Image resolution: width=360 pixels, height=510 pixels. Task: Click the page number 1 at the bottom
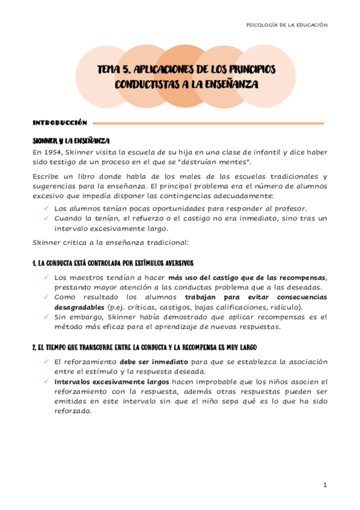tap(325, 485)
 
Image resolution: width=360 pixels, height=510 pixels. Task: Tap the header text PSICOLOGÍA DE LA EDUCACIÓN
tap(287, 25)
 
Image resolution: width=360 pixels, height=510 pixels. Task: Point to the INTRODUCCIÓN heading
tap(60, 122)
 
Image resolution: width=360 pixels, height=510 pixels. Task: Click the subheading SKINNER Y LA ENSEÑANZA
tap(71, 140)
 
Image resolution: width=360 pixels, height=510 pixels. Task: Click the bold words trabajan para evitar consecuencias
tap(256, 296)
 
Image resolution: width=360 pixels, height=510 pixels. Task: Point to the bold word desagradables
tap(75, 307)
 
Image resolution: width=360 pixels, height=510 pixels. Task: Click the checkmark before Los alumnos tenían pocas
tap(46, 208)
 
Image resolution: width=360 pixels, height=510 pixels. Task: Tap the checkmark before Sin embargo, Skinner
tap(46, 316)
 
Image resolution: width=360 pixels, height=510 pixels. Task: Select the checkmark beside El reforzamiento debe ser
tap(46, 361)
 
